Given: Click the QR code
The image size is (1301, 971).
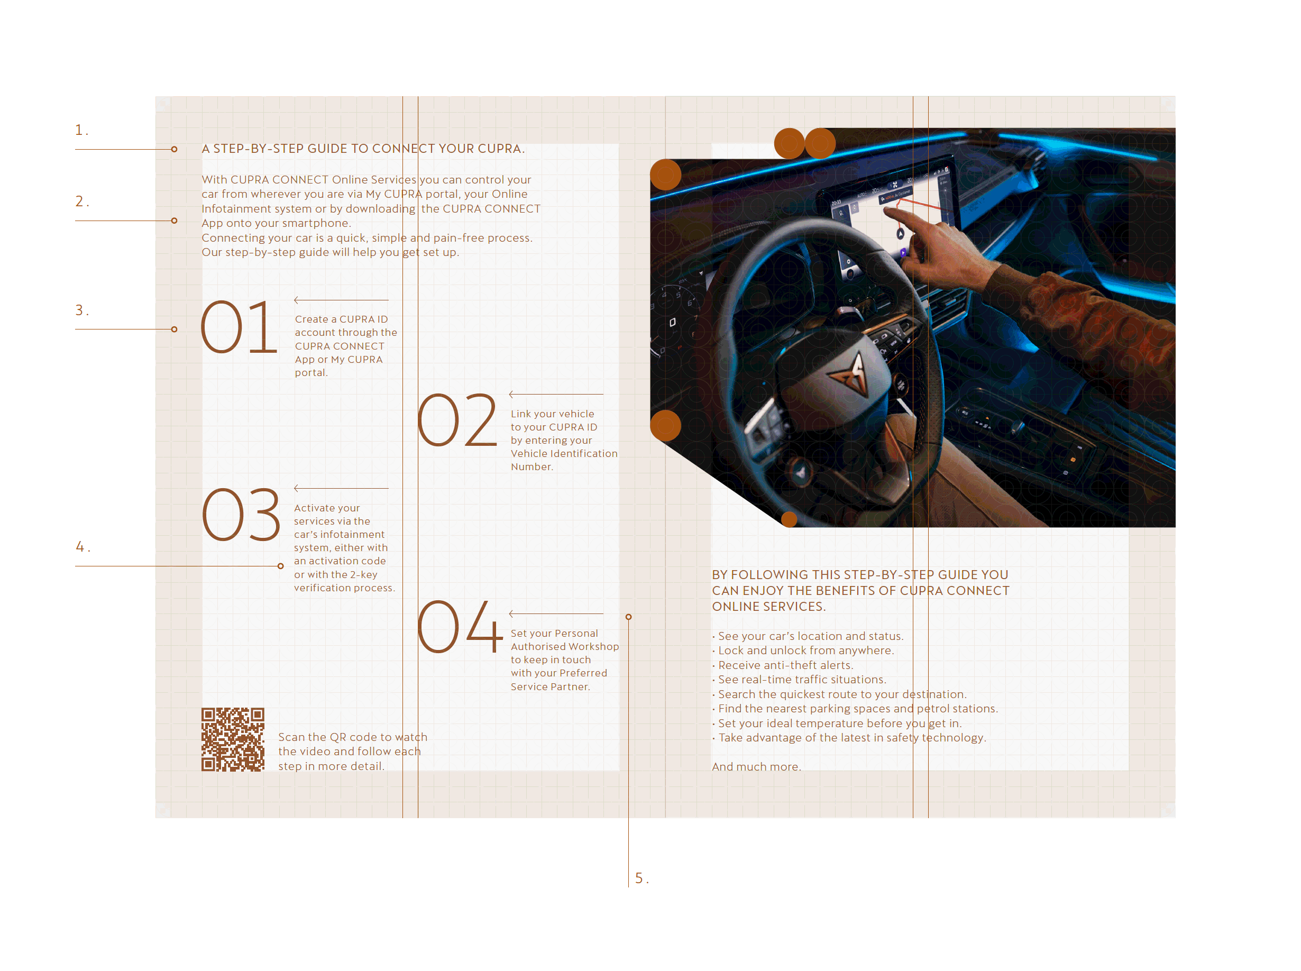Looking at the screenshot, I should click(x=233, y=739).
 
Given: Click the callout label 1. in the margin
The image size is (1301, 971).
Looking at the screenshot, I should click(x=81, y=130).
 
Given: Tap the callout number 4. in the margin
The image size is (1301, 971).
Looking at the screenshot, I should click(x=83, y=547).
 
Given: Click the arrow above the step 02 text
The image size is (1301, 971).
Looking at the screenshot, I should click(x=555, y=395).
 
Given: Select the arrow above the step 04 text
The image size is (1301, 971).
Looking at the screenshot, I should click(x=555, y=613).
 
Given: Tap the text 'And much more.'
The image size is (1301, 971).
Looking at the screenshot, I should click(x=756, y=766).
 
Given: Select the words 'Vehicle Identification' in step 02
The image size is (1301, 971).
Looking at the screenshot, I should click(x=564, y=453).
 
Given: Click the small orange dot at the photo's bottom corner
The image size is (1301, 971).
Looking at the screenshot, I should click(x=789, y=519).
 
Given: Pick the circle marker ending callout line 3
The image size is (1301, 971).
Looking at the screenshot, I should click(x=174, y=329).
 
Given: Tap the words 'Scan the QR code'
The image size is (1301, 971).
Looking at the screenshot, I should click(x=326, y=737).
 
